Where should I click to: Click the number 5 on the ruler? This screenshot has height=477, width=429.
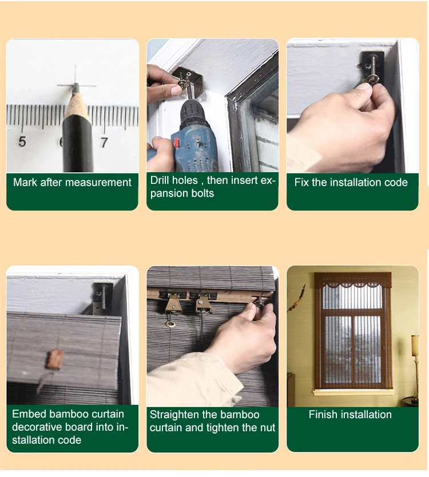coord(22,142)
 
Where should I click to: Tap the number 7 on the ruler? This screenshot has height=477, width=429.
coord(104,142)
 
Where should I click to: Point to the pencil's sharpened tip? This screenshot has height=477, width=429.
coord(76,86)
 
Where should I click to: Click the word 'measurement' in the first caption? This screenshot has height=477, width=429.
coord(98,182)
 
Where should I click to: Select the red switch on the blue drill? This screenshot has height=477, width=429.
coord(176,143)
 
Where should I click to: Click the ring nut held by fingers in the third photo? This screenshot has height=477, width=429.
coord(374,80)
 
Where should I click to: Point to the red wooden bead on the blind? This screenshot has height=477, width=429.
coord(55,359)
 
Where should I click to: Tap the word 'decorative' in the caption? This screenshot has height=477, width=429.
coord(36,427)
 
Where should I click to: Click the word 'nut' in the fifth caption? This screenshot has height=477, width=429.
coord(268,428)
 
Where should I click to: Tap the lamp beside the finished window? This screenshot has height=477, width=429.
coord(415,365)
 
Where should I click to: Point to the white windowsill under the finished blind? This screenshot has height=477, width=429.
coord(353,392)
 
